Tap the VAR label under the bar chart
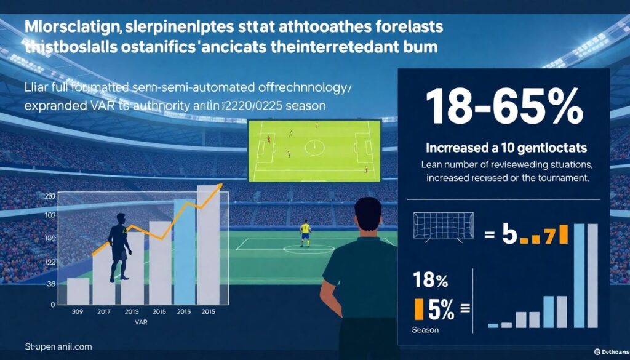[x=143, y=321]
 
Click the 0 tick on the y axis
[x=53, y=304]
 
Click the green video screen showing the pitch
[x=313, y=150]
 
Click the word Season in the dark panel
[x=426, y=330]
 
